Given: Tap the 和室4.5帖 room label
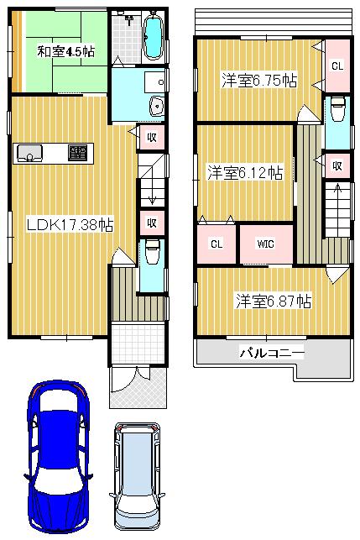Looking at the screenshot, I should (x=65, y=51).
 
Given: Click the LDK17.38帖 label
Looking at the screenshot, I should (x=70, y=224).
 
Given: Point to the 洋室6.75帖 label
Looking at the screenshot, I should (x=258, y=81).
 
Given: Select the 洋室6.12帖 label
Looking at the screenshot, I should (x=244, y=172).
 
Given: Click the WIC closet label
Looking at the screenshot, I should (x=265, y=244).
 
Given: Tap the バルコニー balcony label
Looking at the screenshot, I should (x=272, y=353).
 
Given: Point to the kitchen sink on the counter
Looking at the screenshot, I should (x=29, y=153).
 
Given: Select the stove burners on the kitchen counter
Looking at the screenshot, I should (x=78, y=153).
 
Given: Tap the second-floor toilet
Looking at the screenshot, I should (x=337, y=110).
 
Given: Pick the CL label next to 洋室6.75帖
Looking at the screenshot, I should (x=336, y=66).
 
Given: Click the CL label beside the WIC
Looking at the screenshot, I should (x=217, y=244).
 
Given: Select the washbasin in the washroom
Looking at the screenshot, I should (x=157, y=106).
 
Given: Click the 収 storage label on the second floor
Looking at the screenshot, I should (x=336, y=165).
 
